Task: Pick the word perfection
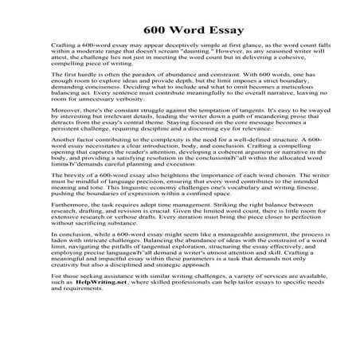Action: click(x=294, y=248)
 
